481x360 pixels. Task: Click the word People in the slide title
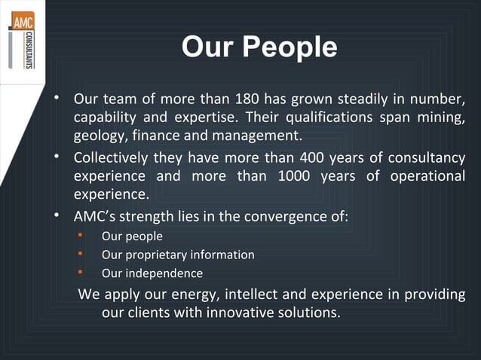point(290,47)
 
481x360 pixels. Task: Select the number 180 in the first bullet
point(248,99)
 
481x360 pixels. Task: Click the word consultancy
point(430,157)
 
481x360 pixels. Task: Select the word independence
point(164,273)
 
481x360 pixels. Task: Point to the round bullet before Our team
point(57,99)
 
